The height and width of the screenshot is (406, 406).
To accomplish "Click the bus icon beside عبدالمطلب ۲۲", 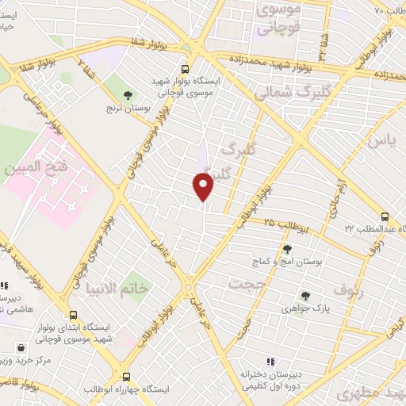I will coord(385,216).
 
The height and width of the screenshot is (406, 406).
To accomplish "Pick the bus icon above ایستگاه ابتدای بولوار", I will coord(74,314).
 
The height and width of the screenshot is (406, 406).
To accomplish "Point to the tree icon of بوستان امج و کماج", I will coord(288,249).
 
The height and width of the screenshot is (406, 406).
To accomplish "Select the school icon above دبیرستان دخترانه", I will coord(270,363).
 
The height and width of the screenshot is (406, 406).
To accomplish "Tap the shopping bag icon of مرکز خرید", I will coord(20,347).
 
